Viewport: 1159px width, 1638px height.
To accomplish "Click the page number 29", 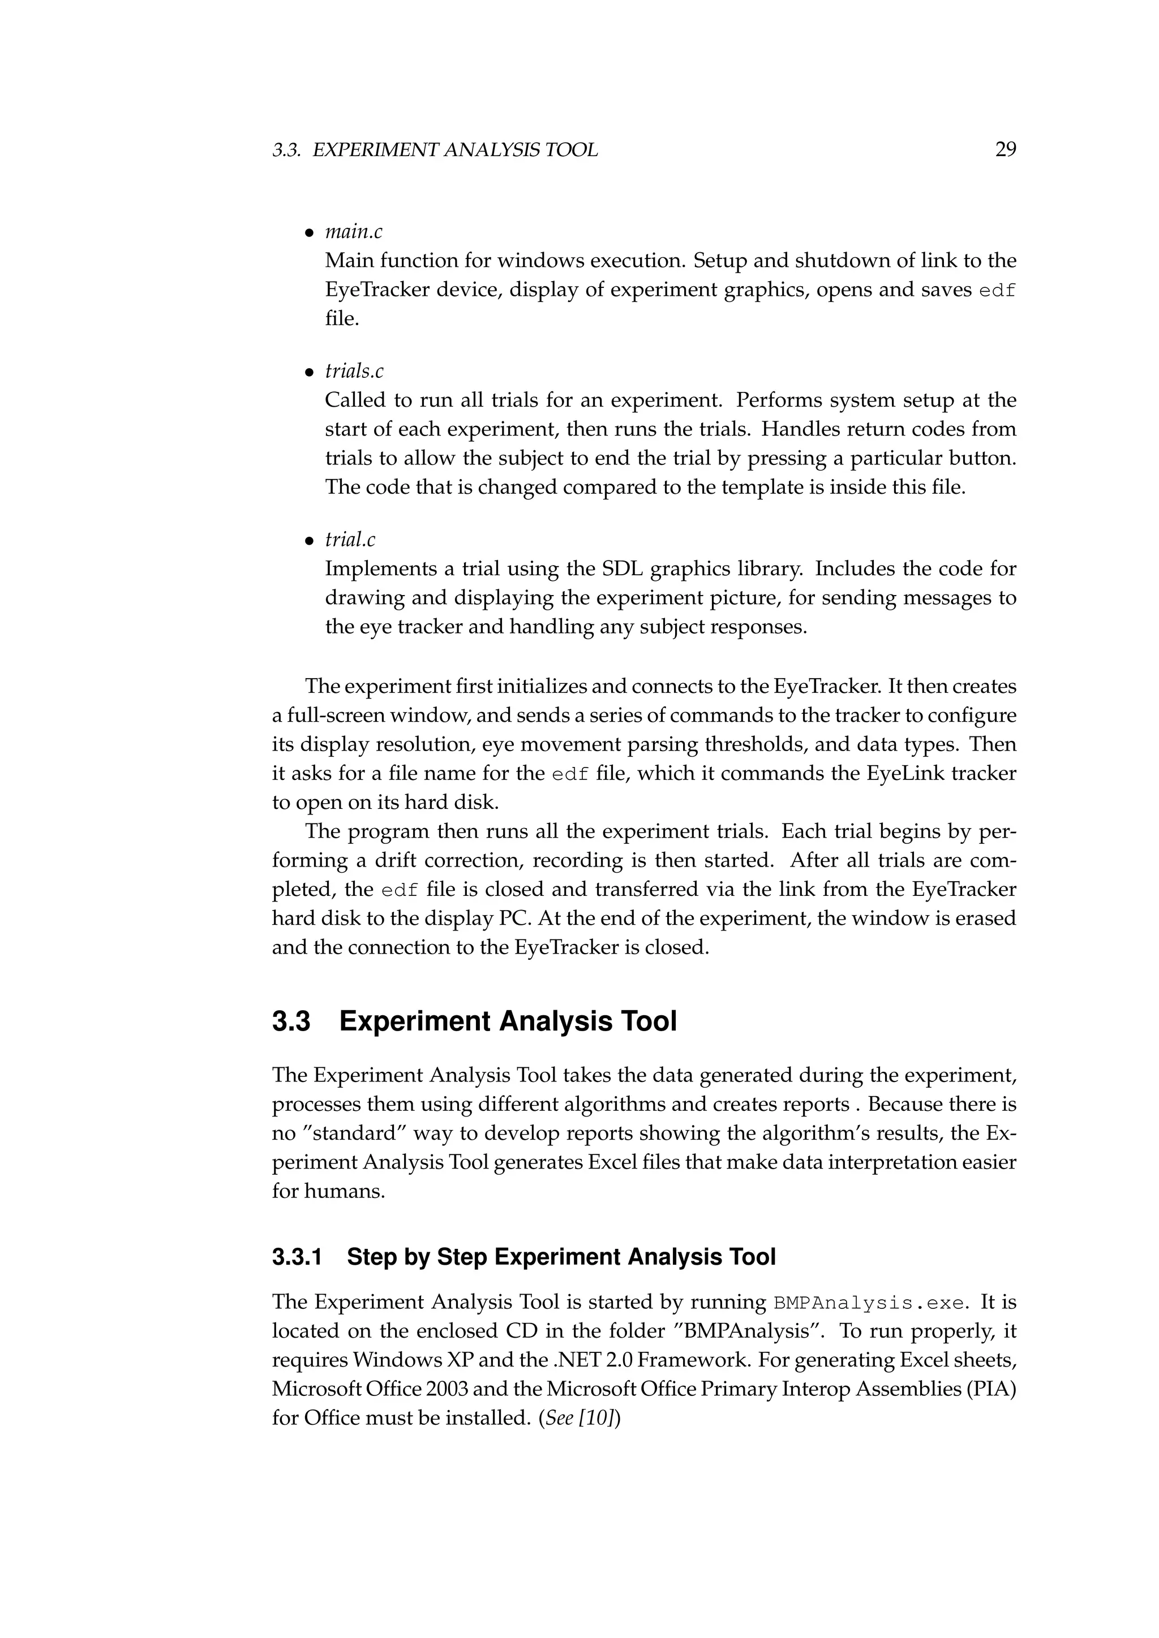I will point(1005,149).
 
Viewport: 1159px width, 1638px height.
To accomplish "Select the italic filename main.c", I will point(353,232).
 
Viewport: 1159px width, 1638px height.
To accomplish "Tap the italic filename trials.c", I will point(354,371).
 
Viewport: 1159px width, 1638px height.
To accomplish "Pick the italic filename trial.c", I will point(350,540).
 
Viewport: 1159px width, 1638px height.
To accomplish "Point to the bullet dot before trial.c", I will point(309,541).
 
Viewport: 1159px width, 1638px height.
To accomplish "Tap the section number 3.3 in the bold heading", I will point(291,1021).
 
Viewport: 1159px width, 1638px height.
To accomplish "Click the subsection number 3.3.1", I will point(297,1256).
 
